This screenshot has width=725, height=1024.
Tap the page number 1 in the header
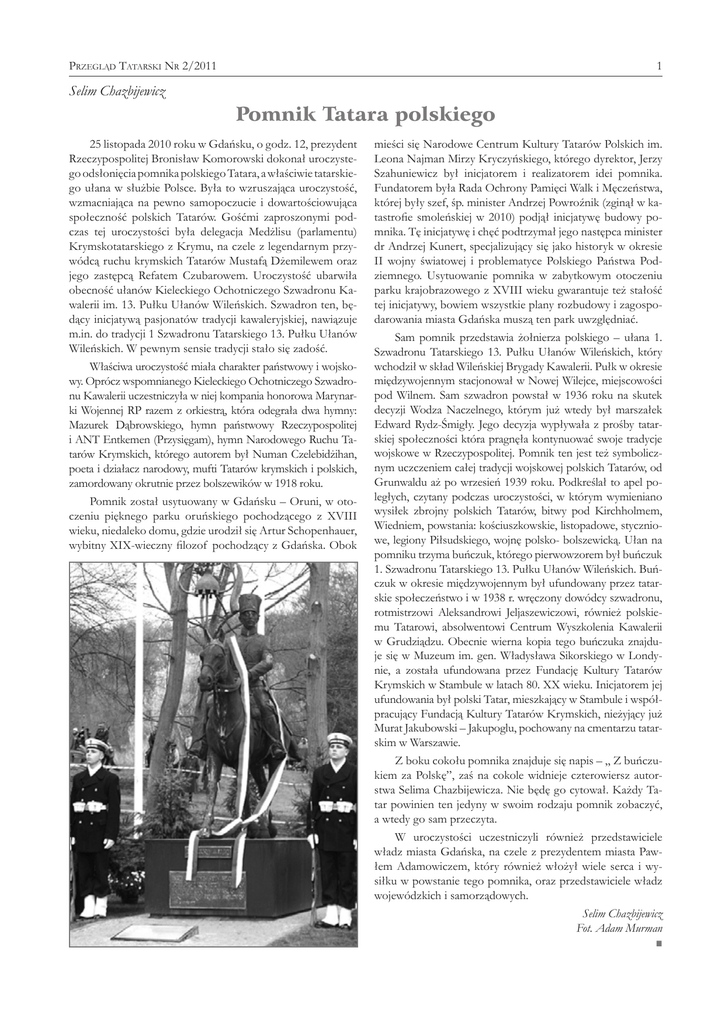pos(659,66)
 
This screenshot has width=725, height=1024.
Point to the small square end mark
pos(659,943)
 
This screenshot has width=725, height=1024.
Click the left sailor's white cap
pos(97,744)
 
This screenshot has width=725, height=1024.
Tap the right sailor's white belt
pos(333,806)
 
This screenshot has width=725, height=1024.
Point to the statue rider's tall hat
pos(248,605)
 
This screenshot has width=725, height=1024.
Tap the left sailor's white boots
pos(94,907)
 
